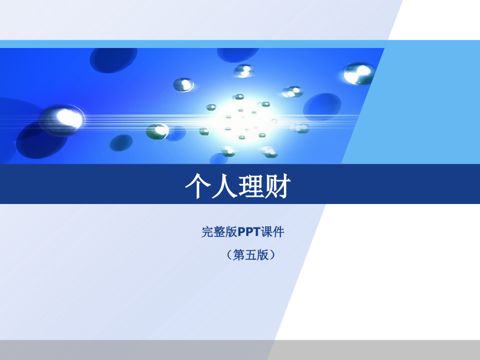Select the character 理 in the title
pos(251,186)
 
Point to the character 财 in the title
pos(277,186)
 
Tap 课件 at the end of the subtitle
pos(272,232)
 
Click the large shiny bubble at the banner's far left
pos(63,118)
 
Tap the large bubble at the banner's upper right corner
pos(359,73)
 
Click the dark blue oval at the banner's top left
pos(114,59)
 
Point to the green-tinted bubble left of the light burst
pos(157,130)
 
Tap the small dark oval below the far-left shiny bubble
pos(121,142)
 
